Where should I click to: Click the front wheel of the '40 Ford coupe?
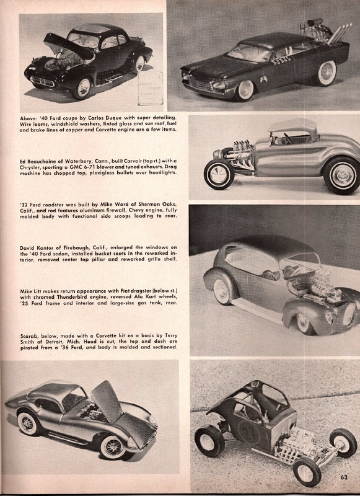[x=81, y=87]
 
